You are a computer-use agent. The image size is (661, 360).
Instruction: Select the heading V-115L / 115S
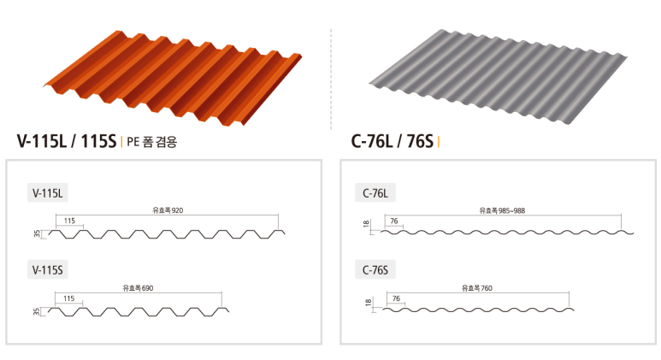(66, 141)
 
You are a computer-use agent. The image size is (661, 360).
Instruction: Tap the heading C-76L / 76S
(392, 141)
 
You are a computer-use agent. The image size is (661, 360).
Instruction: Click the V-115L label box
(48, 192)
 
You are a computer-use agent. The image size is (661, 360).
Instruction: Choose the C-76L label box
(375, 192)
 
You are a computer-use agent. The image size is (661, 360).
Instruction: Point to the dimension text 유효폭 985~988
(505, 210)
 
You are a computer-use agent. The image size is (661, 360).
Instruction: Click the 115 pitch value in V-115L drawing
(68, 221)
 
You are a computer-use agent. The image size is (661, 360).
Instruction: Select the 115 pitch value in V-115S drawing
(68, 298)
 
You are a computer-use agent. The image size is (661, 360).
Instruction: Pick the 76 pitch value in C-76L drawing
(394, 221)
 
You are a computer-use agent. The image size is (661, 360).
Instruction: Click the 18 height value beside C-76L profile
(367, 225)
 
